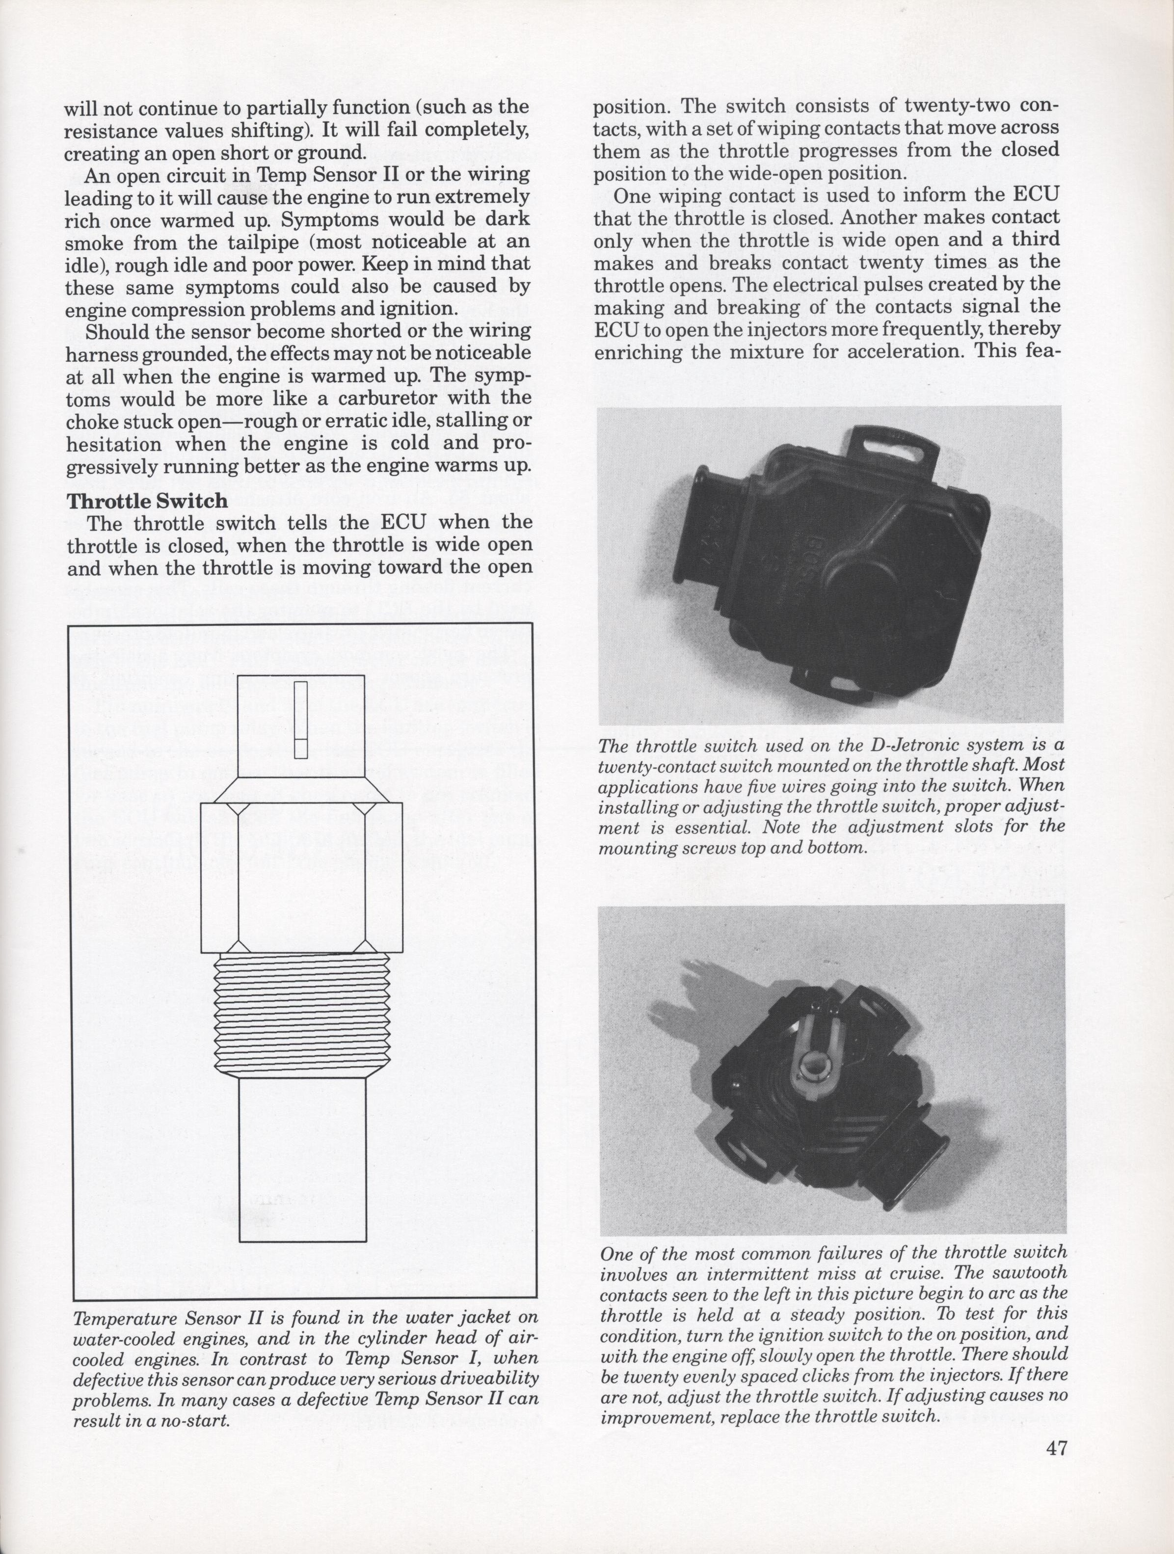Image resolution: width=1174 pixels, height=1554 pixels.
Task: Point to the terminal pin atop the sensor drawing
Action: click(x=301, y=720)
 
